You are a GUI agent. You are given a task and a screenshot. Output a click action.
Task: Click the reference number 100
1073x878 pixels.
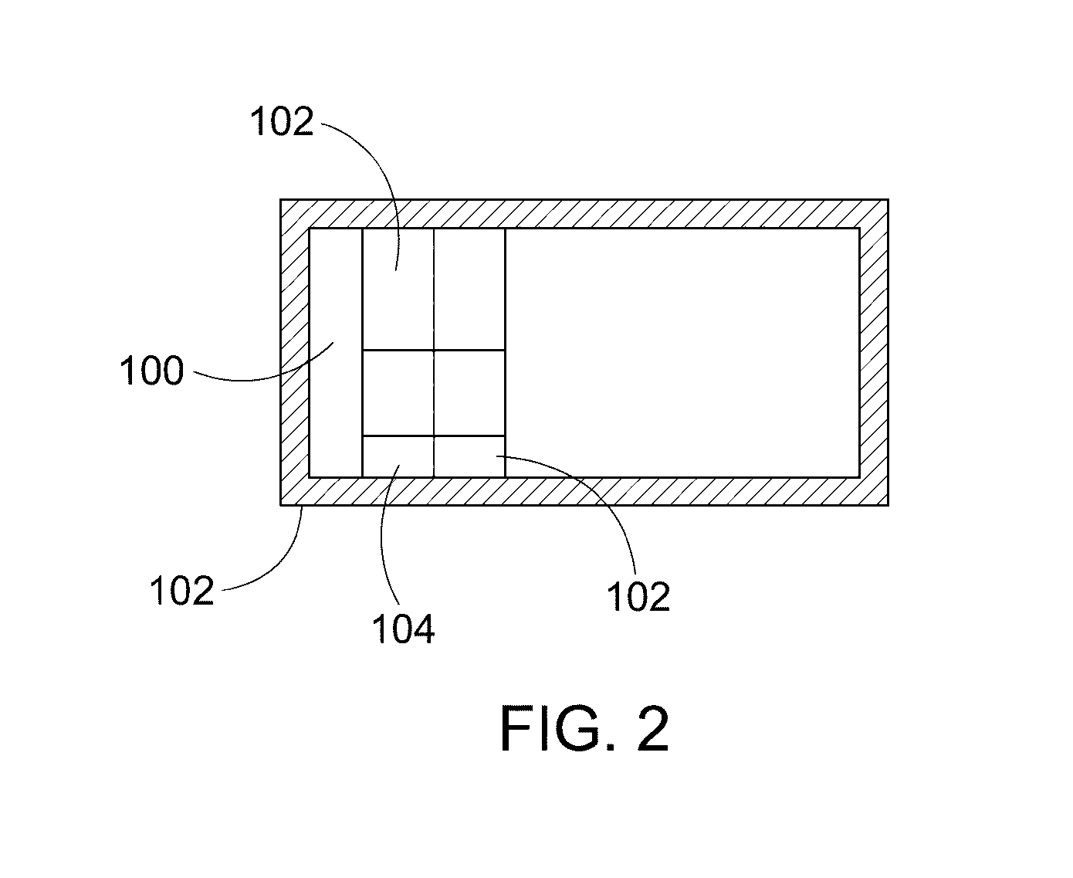coord(151,371)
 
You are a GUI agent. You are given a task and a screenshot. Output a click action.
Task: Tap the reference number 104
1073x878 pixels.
coord(403,629)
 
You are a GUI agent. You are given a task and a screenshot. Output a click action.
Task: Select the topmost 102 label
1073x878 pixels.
coord(281,122)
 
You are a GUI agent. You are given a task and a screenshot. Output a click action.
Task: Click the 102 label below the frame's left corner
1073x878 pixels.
coord(181,590)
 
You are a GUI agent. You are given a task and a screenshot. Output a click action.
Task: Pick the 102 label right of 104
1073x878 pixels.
coord(638,596)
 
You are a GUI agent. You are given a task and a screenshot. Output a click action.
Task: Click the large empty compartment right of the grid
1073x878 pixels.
coord(682,353)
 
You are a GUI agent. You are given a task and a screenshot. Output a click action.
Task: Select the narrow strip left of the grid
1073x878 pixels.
coord(336,353)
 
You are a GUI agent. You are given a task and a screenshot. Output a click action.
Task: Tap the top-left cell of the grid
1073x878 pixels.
coord(398,289)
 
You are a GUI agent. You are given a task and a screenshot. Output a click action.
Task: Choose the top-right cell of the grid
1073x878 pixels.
coord(469,289)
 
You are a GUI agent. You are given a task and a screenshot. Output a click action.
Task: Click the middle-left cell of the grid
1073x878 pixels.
coord(398,393)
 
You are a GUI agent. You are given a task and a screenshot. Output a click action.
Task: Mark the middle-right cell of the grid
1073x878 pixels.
coord(469,393)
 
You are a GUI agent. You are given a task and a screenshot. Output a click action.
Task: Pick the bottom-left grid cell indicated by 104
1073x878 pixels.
coord(398,456)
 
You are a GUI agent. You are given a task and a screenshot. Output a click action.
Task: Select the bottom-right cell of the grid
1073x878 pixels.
coord(469,456)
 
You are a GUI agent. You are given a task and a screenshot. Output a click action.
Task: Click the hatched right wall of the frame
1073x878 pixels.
coord(874,352)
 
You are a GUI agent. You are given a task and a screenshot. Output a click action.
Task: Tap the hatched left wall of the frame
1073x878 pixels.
coord(295,352)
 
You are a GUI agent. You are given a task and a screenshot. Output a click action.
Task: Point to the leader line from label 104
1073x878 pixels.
coord(384,534)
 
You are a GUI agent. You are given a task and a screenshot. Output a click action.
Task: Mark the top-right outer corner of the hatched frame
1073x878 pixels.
coord(889,199)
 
